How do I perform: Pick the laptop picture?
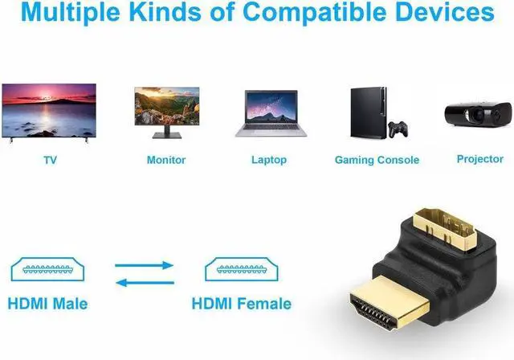tap(269, 112)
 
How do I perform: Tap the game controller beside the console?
tap(397, 129)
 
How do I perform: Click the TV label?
tap(50, 160)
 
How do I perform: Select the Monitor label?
tap(166, 160)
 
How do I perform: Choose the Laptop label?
tap(269, 160)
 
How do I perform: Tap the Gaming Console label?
tap(377, 160)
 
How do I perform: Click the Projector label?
tap(479, 159)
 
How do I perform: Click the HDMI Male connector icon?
tap(47, 268)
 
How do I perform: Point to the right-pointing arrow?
tap(144, 265)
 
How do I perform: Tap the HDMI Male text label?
tap(47, 304)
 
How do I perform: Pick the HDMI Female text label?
tap(241, 304)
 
